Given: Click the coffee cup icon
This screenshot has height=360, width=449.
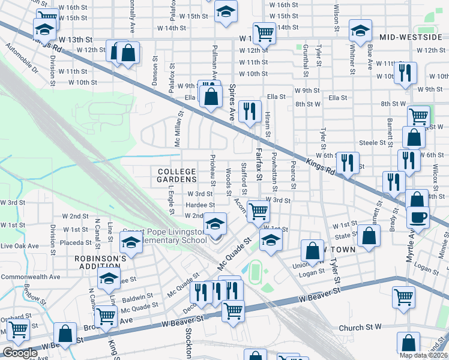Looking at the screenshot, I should click(418, 217).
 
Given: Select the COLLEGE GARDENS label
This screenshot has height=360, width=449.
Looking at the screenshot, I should click(177, 175).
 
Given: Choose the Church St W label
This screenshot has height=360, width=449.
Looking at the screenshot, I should click(360, 328).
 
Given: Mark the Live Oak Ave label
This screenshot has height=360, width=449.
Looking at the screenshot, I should click(19, 246).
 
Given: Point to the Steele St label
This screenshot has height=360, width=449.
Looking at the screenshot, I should click(372, 143).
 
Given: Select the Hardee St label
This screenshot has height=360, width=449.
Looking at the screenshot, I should click(196, 205).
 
